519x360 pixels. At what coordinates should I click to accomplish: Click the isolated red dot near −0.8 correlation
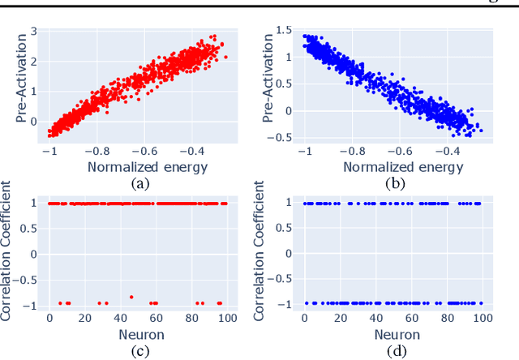tap(131, 297)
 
